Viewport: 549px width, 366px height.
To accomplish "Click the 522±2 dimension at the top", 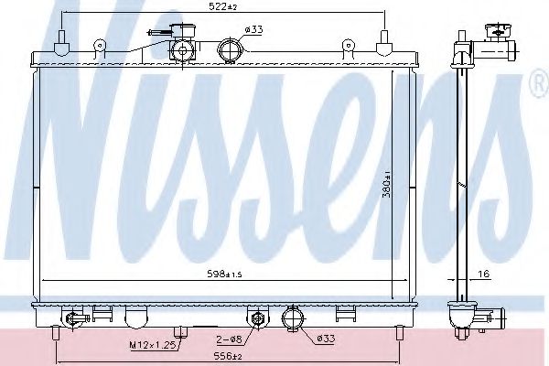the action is tap(222, 6).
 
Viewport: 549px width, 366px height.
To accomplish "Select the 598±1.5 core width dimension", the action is tap(224, 274).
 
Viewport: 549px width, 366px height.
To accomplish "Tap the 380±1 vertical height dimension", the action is tap(387, 185).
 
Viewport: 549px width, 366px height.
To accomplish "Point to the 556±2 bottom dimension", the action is tap(227, 356).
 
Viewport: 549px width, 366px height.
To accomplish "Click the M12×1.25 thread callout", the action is tap(153, 345).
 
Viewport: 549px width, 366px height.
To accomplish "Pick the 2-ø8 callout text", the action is tap(229, 339).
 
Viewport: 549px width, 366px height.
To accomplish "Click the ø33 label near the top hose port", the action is tap(253, 30).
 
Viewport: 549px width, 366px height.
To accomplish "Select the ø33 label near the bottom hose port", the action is tap(326, 339).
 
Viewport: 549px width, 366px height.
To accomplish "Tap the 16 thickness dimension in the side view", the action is tap(483, 274).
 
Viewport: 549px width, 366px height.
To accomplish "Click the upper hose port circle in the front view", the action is tap(230, 51).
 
